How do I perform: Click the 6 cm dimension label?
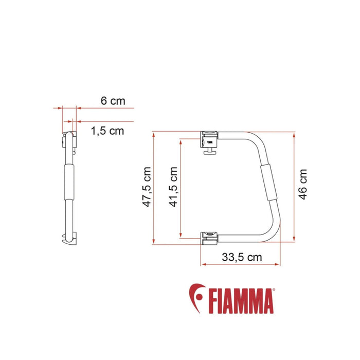112,101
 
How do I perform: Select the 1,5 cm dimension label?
107,131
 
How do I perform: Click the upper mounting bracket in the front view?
209,138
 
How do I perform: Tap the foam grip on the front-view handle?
269,184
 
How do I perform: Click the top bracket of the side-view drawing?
70,139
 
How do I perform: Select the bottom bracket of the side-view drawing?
69,239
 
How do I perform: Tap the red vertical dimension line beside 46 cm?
294,187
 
